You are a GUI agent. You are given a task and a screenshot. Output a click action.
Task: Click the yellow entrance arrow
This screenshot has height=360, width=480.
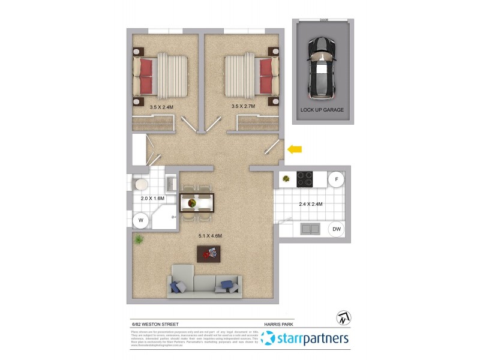point(295,149)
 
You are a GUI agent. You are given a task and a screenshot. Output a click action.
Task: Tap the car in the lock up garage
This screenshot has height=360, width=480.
point(322,68)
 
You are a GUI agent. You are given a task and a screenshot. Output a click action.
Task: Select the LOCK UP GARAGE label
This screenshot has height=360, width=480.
point(322,110)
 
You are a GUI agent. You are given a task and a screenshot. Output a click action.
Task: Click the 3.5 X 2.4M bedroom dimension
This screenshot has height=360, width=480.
point(161,107)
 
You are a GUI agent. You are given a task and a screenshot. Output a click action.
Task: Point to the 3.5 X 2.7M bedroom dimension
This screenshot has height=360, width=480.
point(243,107)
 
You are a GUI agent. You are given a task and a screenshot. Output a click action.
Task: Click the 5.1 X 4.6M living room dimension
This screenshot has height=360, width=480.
point(211,236)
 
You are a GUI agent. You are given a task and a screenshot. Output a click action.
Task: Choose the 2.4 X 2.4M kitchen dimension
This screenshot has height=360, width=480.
point(311,204)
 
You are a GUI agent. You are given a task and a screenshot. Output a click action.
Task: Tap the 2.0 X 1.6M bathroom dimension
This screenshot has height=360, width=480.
point(152,198)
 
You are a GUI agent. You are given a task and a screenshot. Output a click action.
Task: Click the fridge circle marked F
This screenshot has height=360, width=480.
point(337,179)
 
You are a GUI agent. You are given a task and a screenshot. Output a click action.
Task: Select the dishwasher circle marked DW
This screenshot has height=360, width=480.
point(337,229)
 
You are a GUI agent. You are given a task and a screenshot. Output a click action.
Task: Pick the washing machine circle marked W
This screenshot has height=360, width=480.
point(141,221)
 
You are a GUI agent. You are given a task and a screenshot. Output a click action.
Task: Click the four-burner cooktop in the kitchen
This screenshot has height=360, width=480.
point(304,178)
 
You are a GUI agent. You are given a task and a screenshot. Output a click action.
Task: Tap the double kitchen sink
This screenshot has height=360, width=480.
point(310,229)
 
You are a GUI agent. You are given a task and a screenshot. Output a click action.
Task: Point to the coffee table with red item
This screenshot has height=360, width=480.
point(209,254)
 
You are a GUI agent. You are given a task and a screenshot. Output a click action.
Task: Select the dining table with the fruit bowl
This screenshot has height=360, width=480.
point(197,203)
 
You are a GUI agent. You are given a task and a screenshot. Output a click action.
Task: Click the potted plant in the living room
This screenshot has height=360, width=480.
point(139,240)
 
